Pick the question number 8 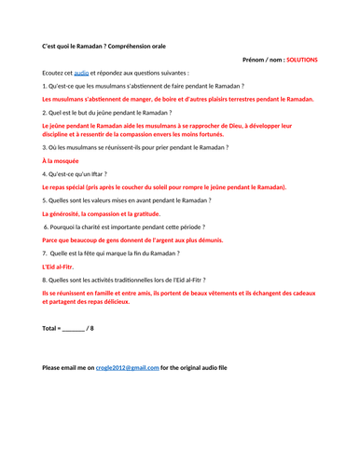(45, 280)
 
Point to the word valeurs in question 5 (115, 200)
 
